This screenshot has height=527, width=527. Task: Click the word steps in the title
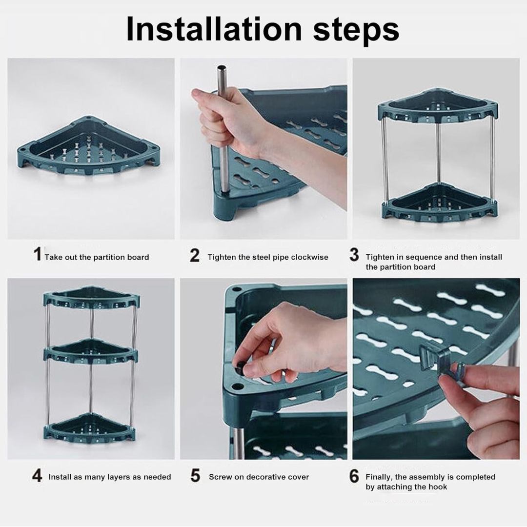point(356,30)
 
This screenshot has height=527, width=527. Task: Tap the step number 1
point(37,255)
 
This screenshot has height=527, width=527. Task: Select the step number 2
point(195,255)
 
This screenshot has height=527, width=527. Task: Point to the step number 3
point(354,255)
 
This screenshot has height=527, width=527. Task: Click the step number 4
point(37,476)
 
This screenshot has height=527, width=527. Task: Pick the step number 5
point(195,476)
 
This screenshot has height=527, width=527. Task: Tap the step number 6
point(354,476)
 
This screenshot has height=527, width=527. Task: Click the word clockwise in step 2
point(310,257)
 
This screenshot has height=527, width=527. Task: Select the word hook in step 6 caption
point(438,487)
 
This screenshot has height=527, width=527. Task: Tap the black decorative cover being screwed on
point(240,370)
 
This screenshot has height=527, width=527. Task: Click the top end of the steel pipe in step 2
point(222,69)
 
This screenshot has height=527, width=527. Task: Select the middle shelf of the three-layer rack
point(91,350)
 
